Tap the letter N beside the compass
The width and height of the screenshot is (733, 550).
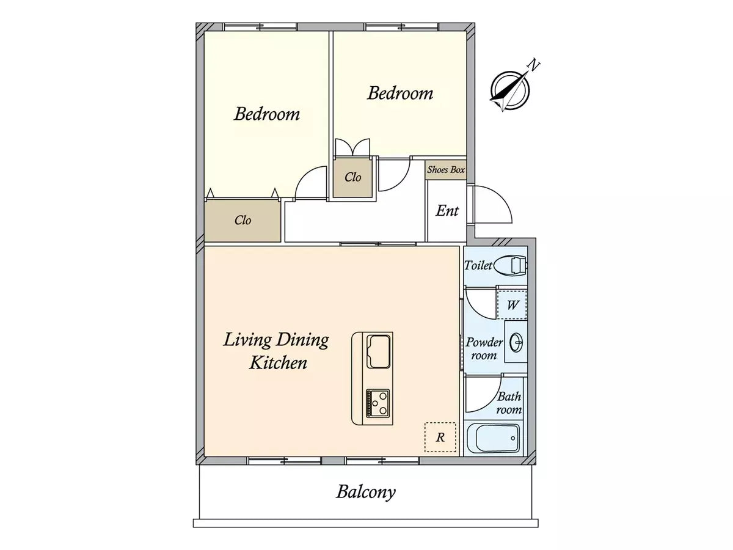(x=534, y=65)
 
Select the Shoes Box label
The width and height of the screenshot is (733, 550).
(x=446, y=170)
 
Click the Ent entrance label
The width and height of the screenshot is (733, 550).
(x=447, y=211)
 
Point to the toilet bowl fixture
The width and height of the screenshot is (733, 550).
(x=510, y=266)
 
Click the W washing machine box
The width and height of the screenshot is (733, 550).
(x=512, y=305)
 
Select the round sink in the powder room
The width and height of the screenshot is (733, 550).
(x=517, y=342)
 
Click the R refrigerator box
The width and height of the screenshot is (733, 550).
(x=440, y=437)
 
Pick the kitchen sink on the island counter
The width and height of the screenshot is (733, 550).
(x=379, y=351)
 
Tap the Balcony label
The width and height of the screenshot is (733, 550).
(x=366, y=492)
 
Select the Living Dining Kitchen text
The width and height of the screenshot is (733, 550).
(x=276, y=351)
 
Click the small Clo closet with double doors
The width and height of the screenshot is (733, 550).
(x=352, y=178)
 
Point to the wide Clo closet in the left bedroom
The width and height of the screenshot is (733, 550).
(x=243, y=221)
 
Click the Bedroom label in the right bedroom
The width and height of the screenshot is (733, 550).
(x=400, y=94)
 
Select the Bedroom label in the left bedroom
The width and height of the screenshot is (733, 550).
(x=267, y=114)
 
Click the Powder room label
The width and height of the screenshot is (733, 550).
(x=484, y=348)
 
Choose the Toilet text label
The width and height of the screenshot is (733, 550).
(x=478, y=266)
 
